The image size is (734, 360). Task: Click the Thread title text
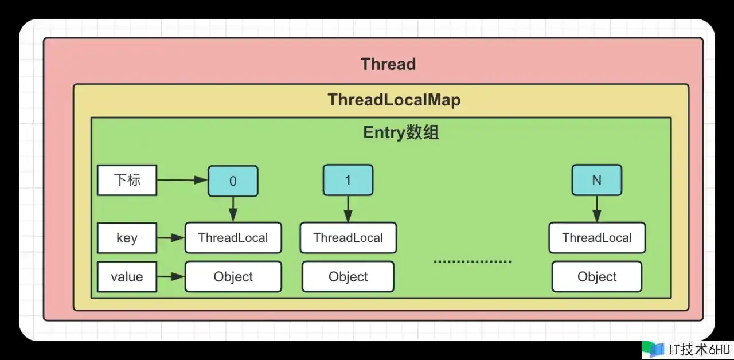(x=388, y=64)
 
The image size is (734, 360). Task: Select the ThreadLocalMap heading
(x=394, y=100)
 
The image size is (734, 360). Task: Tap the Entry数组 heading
(x=401, y=133)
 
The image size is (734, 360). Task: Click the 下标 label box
(x=127, y=181)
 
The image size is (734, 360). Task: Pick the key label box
(x=127, y=238)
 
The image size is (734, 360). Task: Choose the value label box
(x=127, y=277)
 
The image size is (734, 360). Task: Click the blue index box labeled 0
(x=233, y=181)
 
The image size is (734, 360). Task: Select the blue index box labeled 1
(x=348, y=180)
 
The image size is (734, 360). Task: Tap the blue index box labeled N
(x=596, y=180)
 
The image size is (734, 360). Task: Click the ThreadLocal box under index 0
(x=233, y=238)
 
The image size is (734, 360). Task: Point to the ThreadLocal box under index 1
(x=348, y=238)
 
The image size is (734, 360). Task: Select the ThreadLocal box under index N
(x=597, y=238)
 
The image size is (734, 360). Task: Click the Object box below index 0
(x=233, y=277)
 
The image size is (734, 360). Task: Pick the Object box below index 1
(x=348, y=277)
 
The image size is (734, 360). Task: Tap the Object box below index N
(x=597, y=277)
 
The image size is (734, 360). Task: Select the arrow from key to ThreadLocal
(x=170, y=237)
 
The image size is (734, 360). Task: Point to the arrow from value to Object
(x=170, y=277)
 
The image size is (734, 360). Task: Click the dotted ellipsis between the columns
(x=472, y=262)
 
